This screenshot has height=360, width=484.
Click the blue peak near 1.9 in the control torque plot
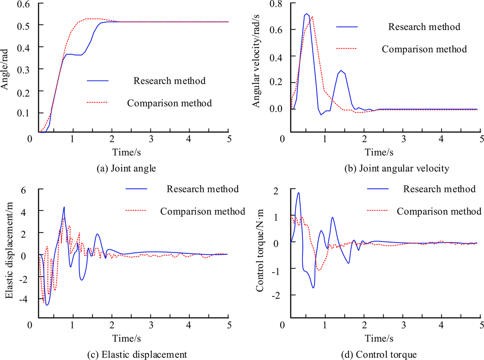[x=298, y=193]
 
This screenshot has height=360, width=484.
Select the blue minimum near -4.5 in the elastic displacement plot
[x=47, y=305]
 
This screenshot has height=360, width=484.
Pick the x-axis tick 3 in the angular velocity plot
[x=403, y=137]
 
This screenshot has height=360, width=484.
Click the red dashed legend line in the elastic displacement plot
[x=137, y=211]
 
